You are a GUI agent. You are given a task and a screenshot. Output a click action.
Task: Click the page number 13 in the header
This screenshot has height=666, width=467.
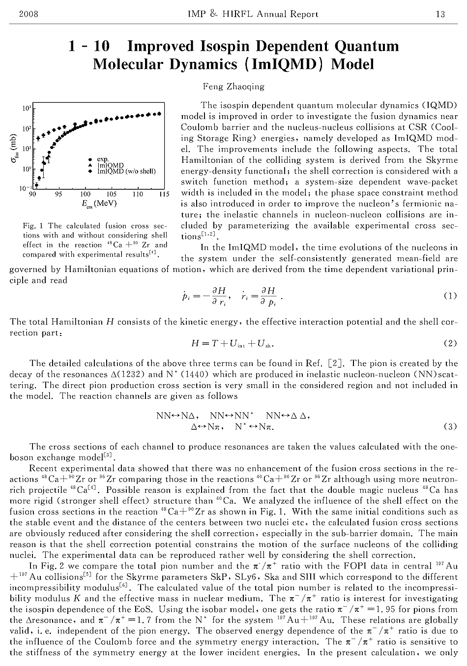(440, 14)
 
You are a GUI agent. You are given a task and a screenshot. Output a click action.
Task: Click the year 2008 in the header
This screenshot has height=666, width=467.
(28, 14)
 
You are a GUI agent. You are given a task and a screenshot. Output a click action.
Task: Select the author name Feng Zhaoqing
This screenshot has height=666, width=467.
(233, 87)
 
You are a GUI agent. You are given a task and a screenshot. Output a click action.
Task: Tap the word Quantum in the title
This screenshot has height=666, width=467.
(367, 47)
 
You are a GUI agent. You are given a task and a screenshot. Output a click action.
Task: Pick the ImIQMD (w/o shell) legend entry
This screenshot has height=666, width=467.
(126, 172)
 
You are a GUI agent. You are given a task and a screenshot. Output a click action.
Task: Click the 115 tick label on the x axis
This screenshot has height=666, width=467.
(164, 194)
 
